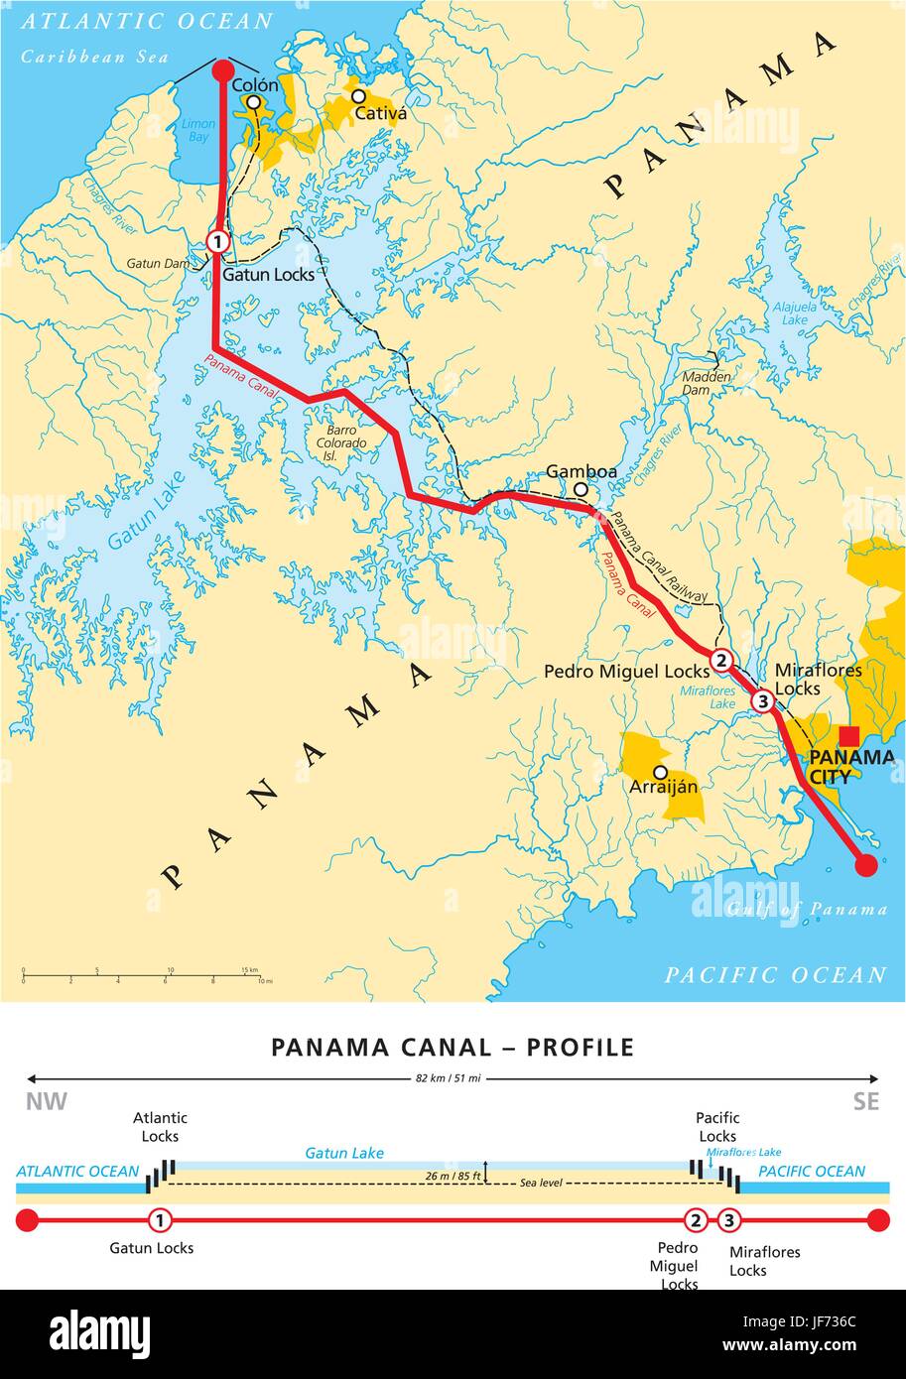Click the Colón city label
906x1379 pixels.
(255, 85)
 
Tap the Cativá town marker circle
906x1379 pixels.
(358, 96)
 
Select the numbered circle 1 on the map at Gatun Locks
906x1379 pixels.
(218, 241)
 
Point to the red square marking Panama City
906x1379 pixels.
(849, 735)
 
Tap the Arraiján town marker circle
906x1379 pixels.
(660, 772)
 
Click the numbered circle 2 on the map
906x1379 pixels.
(721, 660)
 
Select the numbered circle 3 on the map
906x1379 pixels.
(762, 701)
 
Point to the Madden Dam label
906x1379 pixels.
(707, 384)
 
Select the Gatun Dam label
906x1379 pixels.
(155, 264)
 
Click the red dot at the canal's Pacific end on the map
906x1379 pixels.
(866, 865)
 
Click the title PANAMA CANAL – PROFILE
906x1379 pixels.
(453, 1048)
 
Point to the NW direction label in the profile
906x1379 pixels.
(46, 1102)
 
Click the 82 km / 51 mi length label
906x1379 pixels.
(453, 1078)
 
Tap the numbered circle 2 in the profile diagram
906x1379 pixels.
(697, 1220)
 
